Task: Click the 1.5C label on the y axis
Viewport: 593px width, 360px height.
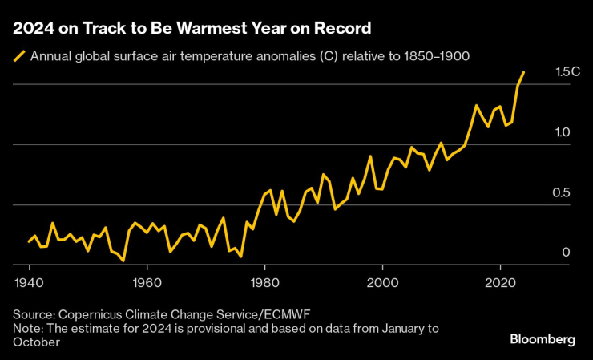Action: pyautogui.click(x=567, y=72)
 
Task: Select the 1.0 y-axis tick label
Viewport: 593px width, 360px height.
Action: pyautogui.click(x=563, y=132)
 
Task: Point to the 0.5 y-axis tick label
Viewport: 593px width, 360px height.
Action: pyautogui.click(x=563, y=192)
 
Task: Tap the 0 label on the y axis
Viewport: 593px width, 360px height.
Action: pyautogui.click(x=566, y=253)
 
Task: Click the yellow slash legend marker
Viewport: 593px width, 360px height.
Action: pyautogui.click(x=18, y=56)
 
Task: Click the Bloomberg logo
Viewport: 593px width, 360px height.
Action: pyautogui.click(x=543, y=339)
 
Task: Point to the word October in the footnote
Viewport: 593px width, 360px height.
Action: pyautogui.click(x=37, y=342)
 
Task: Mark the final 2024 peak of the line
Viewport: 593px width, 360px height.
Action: pyautogui.click(x=524, y=72)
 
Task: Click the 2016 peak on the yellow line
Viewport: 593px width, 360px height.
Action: pyautogui.click(x=476, y=106)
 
